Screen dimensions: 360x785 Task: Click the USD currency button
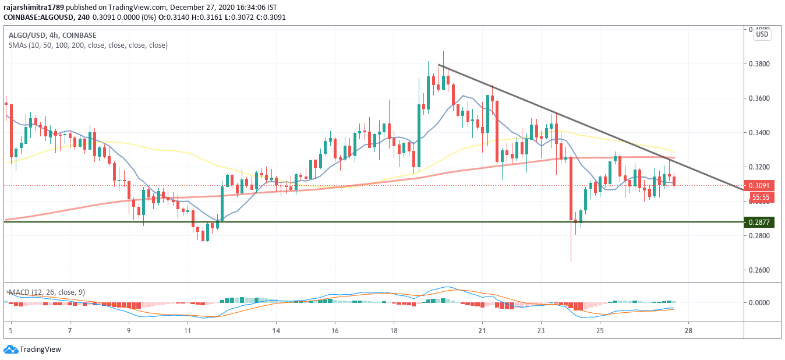(x=762, y=34)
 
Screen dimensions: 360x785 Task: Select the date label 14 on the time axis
(x=276, y=331)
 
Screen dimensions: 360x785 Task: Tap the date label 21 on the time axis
(x=482, y=331)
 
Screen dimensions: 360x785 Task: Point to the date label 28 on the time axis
(x=689, y=331)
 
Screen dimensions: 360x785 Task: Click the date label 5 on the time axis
(x=11, y=331)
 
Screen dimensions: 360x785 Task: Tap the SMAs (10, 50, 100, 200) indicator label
(x=88, y=45)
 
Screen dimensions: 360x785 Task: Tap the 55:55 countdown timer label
(x=761, y=197)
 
